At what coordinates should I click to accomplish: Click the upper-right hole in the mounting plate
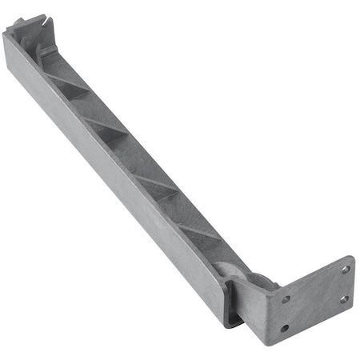345,270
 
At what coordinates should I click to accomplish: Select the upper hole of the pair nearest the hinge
286,300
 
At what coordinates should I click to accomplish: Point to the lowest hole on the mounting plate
284,327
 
